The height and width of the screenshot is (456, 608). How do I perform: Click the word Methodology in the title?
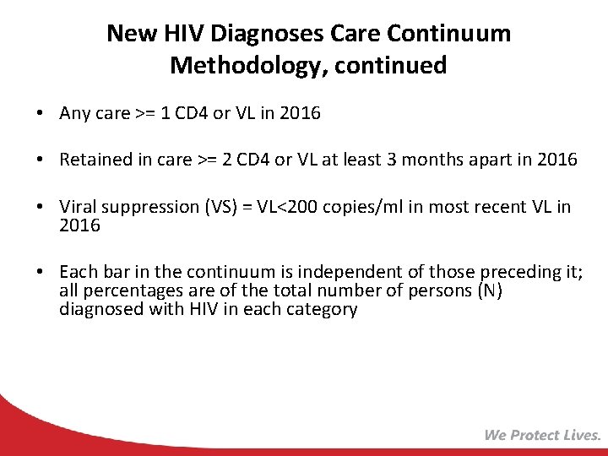click(x=239, y=65)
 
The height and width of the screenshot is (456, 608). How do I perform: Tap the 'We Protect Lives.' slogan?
click(x=542, y=435)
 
